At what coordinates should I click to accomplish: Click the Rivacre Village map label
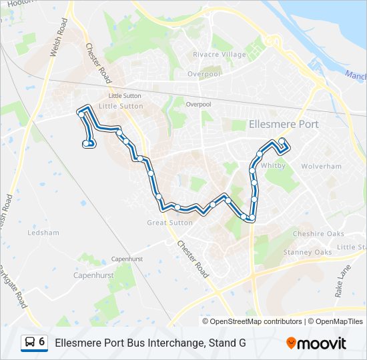pos(219,54)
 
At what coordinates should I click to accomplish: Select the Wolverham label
pos(321,166)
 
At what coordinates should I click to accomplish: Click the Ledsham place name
pos(43,233)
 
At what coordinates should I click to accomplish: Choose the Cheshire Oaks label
pos(318,233)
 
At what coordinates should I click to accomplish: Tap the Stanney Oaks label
pos(307,252)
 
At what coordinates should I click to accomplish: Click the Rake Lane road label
pos(344,280)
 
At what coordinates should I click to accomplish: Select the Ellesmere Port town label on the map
pos(283,124)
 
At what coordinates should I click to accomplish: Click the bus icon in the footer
pos(30,343)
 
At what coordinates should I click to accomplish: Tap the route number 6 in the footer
pos(42,342)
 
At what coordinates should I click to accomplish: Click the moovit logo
pos(316,343)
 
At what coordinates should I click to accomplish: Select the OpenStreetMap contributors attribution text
pos(252,321)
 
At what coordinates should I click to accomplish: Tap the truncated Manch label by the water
pos(356,75)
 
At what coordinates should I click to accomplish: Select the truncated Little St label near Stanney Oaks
pos(352,247)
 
